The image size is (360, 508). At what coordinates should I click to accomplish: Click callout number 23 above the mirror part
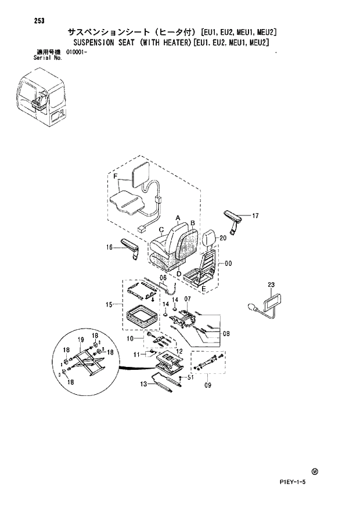(x=271, y=284)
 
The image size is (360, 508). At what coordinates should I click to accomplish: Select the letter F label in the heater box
(x=115, y=176)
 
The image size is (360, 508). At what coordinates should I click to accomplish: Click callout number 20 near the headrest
(x=222, y=237)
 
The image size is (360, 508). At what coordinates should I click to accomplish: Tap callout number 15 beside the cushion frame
(x=108, y=304)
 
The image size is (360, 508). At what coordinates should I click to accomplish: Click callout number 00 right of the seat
(x=229, y=264)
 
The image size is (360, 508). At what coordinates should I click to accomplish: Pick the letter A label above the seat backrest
(x=178, y=217)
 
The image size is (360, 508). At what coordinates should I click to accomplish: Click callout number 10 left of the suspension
(x=131, y=338)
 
